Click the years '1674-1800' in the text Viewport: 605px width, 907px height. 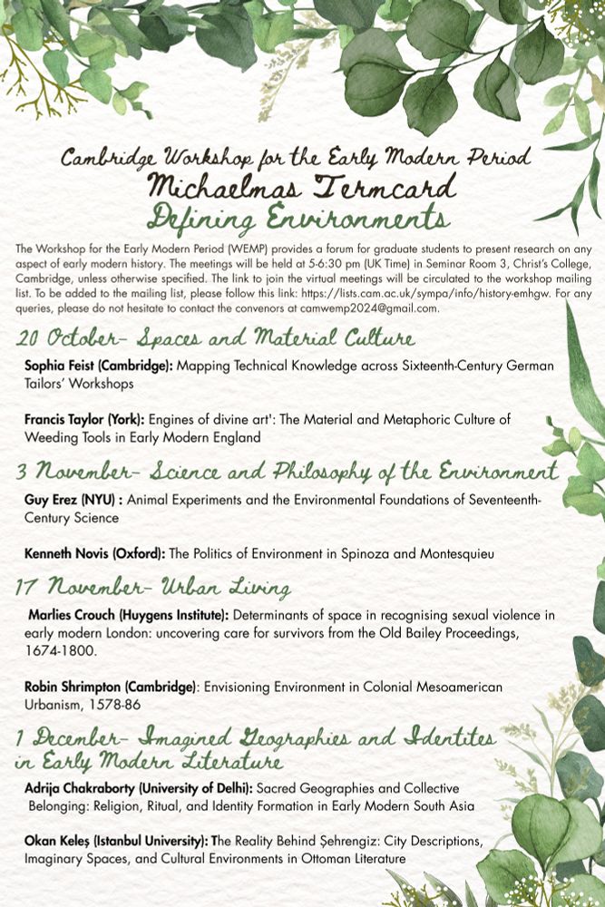(x=60, y=650)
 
